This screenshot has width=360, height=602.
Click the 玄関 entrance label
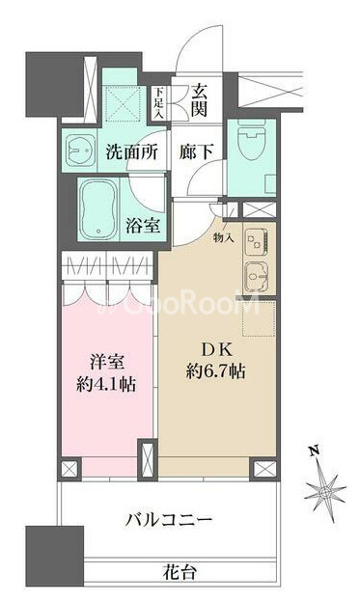pyautogui.click(x=199, y=100)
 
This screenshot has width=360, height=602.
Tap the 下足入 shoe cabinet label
pyautogui.click(x=159, y=102)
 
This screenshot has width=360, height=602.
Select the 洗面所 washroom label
pyautogui.click(x=131, y=152)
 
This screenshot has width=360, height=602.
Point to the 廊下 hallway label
pyautogui.click(x=196, y=152)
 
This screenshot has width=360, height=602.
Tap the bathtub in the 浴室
pyautogui.click(x=98, y=208)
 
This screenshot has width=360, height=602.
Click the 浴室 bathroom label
pyautogui.click(x=143, y=226)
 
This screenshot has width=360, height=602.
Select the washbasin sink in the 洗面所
pyautogui.click(x=80, y=149)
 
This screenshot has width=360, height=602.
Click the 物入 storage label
pyautogui.click(x=224, y=238)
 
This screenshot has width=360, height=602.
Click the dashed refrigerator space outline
pyautogui.click(x=259, y=319)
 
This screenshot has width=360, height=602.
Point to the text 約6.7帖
pyautogui.click(x=215, y=371)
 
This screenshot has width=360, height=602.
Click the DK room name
pyautogui.click(x=217, y=350)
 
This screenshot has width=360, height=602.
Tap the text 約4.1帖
pyautogui.click(x=106, y=384)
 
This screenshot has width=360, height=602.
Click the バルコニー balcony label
pyautogui.click(x=169, y=520)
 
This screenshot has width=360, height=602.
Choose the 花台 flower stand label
pyautogui.click(x=180, y=573)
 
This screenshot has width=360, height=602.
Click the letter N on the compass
pyautogui.click(x=315, y=450)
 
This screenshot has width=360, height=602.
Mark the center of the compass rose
pyautogui.click(x=325, y=492)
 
